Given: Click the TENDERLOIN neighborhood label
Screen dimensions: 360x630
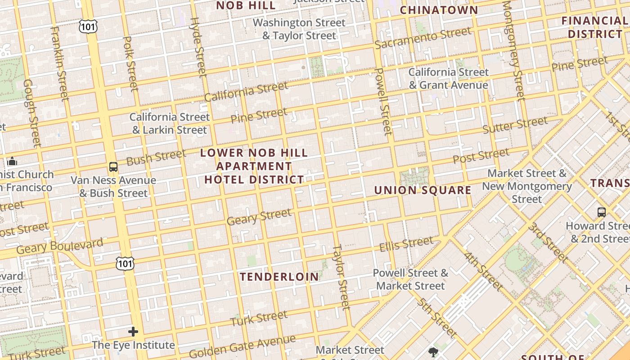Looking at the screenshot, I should [279, 276].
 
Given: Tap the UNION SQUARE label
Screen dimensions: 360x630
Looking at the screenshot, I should [423, 190].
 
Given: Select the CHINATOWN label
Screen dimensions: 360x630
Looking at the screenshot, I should [439, 10].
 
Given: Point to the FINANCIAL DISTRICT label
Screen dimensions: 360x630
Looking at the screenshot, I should [594, 27].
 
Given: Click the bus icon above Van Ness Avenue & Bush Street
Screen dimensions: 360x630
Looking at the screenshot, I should [113, 167].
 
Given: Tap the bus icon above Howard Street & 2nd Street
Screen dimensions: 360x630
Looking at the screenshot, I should [601, 212].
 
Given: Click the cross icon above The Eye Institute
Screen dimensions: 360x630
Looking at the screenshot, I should [133, 332].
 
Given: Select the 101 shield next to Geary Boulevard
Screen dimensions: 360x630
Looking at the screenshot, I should [125, 263].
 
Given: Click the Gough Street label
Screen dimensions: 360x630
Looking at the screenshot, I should [32, 113].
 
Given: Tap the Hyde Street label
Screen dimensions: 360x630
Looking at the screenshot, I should [198, 47].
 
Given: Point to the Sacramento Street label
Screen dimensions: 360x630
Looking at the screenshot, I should [423, 38].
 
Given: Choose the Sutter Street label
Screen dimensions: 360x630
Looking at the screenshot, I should [515, 125].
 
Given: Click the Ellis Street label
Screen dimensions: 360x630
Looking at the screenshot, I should [406, 245].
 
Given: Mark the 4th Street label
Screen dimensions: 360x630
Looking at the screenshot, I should [483, 271].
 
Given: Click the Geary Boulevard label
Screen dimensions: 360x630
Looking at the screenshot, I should [60, 246].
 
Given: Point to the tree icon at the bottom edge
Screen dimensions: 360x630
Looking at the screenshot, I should [433, 352].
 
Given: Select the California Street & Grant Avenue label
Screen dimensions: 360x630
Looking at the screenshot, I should [448, 79].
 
